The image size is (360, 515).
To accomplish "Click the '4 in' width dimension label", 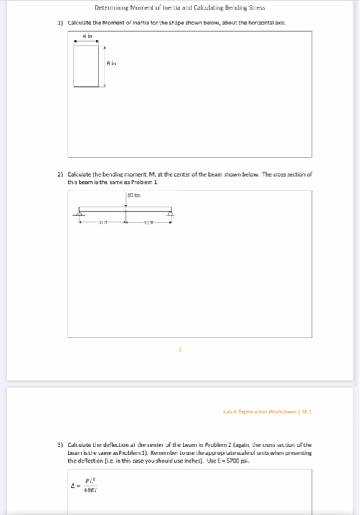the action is [x=88, y=35].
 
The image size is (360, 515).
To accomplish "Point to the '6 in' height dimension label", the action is [x=111, y=64].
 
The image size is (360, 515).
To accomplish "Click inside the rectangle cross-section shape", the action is [x=87, y=65].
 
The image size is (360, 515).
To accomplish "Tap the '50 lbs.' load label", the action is [x=133, y=196].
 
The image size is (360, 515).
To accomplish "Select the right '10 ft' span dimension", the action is [x=149, y=221].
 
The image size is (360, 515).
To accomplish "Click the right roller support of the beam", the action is [x=170, y=214].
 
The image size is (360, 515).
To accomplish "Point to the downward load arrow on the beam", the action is [x=126, y=204].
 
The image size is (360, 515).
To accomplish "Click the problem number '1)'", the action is [x=60, y=24].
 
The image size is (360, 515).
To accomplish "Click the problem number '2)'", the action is [x=60, y=174].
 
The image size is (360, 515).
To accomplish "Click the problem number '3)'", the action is [x=60, y=445].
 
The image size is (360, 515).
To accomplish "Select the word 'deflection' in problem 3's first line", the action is [x=118, y=445].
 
